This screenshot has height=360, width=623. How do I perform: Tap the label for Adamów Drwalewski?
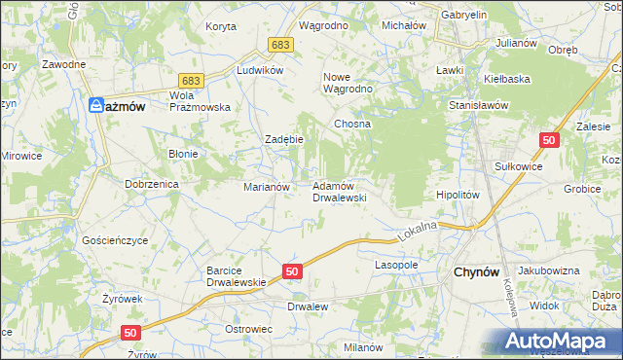pos(338,191)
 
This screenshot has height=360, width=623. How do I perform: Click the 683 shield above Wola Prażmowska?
pos(191,81)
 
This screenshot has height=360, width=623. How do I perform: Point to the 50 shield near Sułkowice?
pos(550,141)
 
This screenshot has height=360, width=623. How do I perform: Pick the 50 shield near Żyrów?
pos(132,333)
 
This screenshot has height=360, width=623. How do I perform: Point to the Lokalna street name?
pos(418,232)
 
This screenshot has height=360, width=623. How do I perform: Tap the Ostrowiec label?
pos(247,331)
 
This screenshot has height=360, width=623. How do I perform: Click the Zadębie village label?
pos(285,139)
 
